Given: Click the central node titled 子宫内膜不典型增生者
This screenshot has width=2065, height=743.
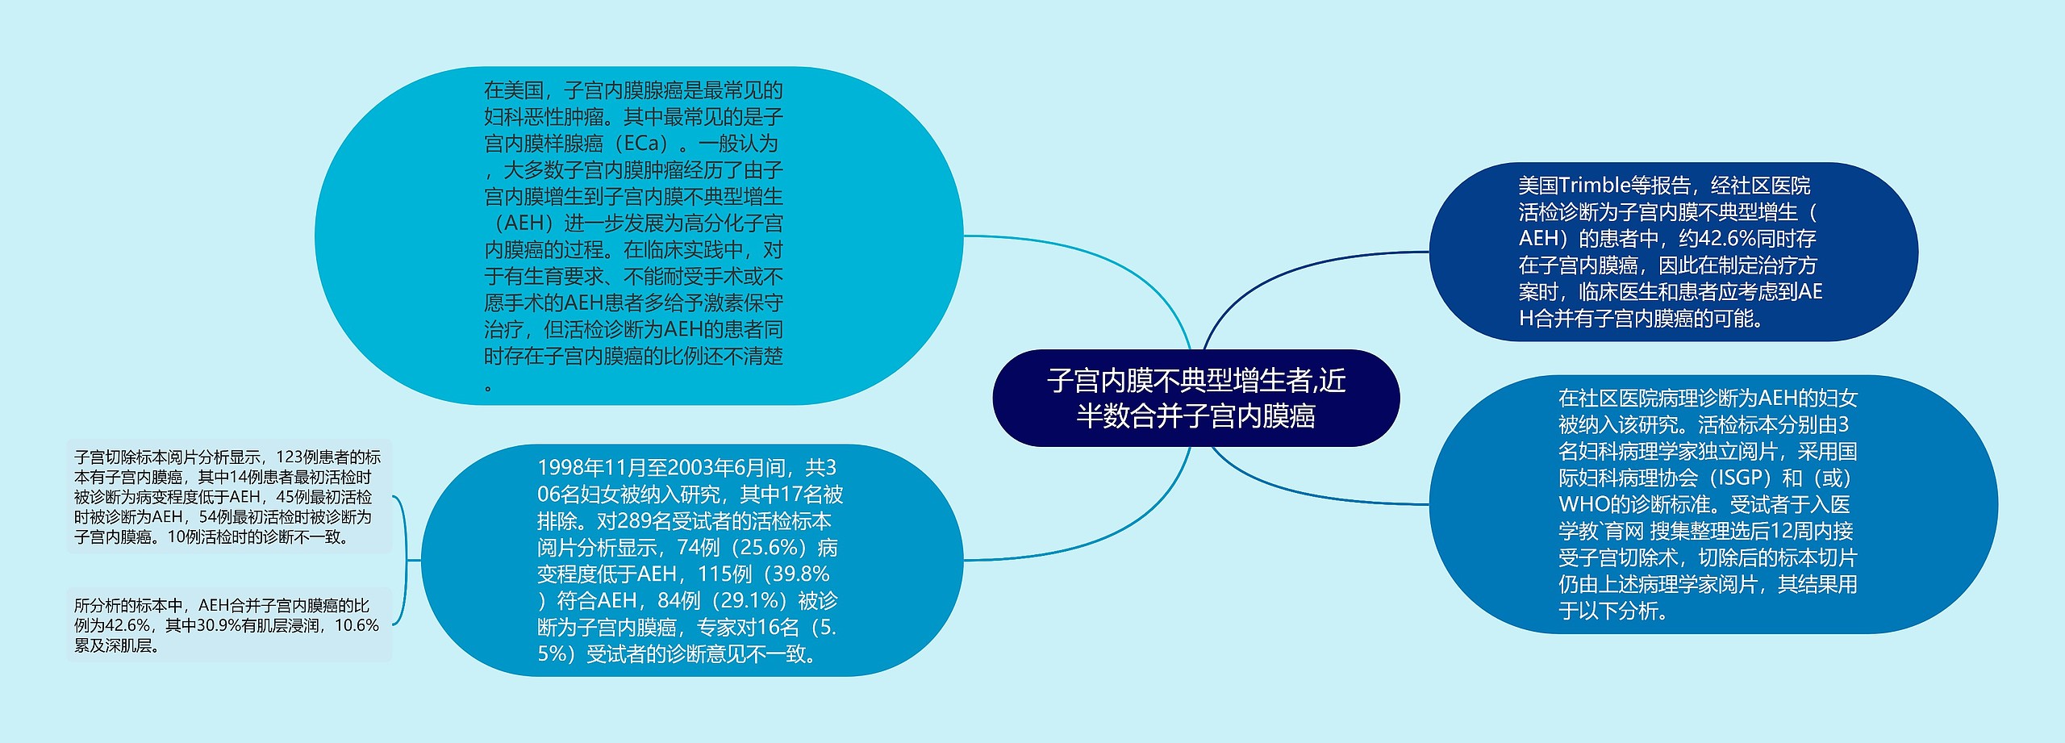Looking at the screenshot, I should (1195, 398).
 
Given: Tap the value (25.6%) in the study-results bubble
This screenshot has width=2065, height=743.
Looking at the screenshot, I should (770, 548).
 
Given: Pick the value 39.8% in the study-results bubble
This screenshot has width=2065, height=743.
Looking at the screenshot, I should (798, 574).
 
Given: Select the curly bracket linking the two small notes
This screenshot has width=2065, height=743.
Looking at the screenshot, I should (403, 560).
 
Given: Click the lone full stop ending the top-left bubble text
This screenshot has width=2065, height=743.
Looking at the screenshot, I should (489, 388).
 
